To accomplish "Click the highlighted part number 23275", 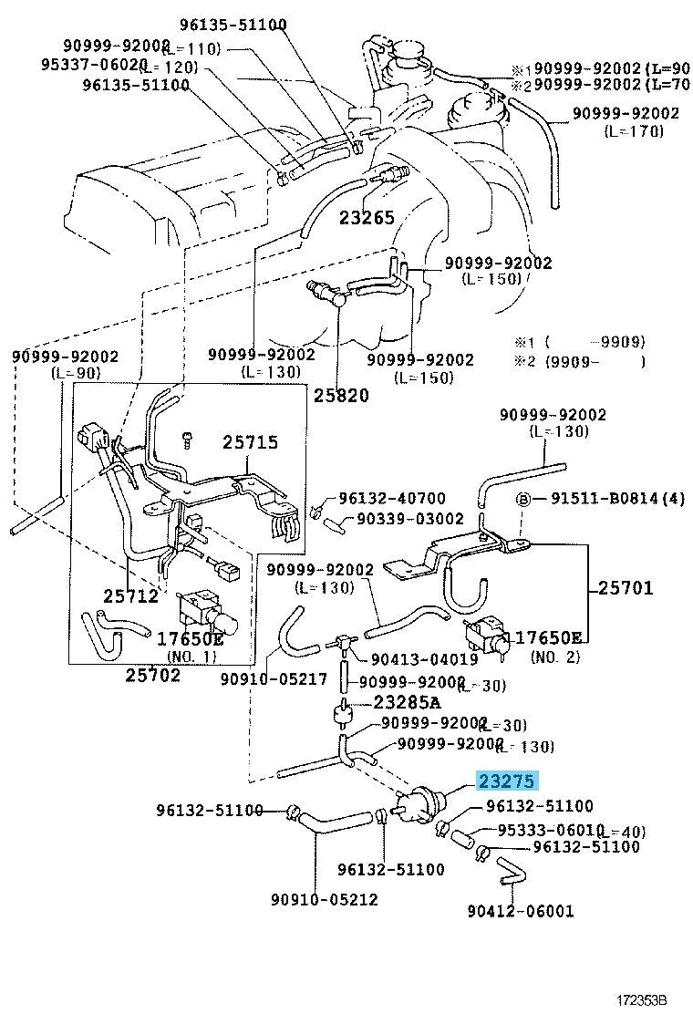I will (x=506, y=781).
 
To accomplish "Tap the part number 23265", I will (x=367, y=217).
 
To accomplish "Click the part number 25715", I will (x=250, y=443).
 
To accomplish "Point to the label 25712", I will (x=130, y=596).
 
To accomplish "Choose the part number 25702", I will (x=152, y=675).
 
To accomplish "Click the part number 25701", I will (x=626, y=588).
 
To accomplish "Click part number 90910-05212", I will (x=324, y=899).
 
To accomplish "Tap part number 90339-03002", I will (x=410, y=517).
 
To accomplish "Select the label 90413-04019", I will (x=424, y=660).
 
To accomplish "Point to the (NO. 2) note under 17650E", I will (x=555, y=657).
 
